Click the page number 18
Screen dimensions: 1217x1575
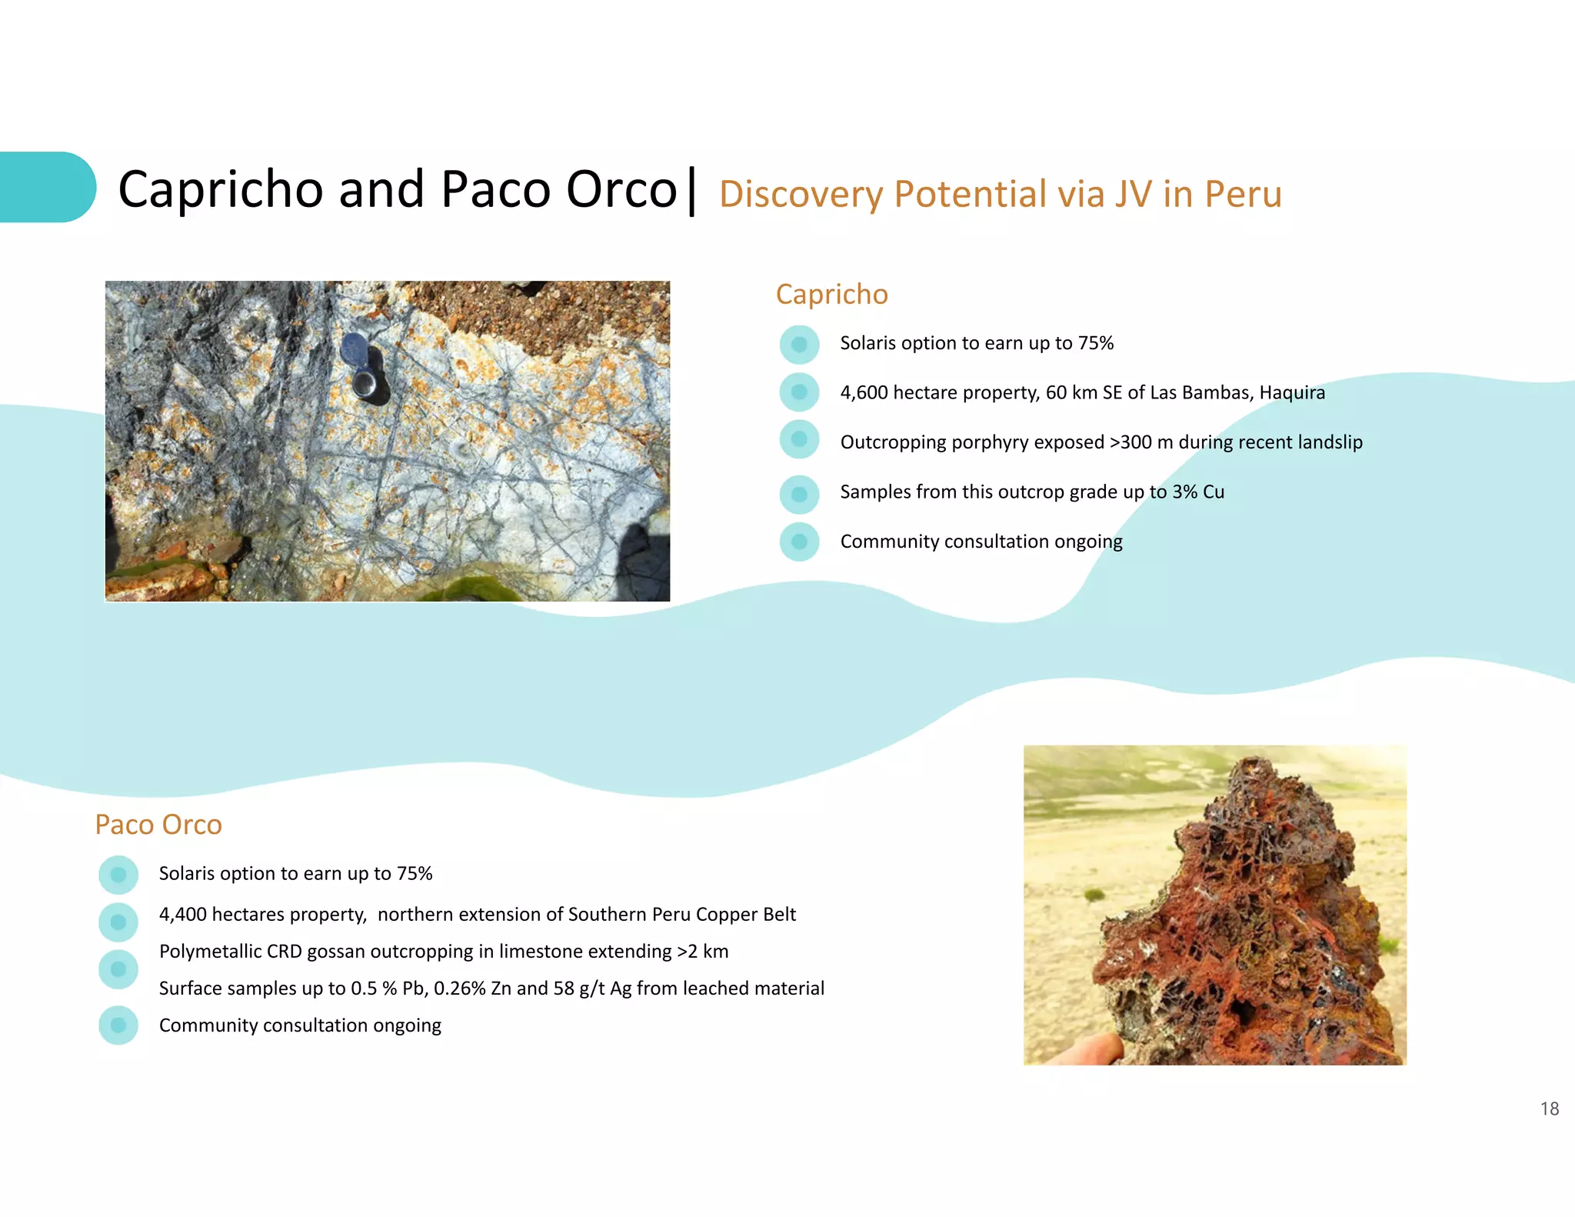(1549, 1109)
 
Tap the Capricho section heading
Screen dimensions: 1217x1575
(831, 295)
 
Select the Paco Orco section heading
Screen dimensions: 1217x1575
(158, 825)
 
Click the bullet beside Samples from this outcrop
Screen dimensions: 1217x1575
(799, 494)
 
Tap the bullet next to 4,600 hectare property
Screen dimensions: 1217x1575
(799, 392)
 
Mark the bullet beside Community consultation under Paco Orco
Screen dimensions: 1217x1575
(118, 1025)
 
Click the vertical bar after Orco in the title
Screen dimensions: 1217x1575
(692, 191)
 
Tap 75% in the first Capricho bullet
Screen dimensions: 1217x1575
(1095, 343)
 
